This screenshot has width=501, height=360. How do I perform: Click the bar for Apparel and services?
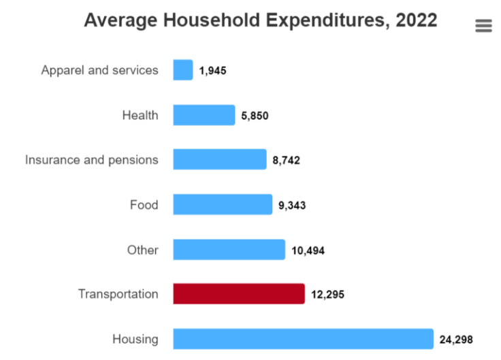point(183,70)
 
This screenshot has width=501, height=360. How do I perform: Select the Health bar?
point(204,115)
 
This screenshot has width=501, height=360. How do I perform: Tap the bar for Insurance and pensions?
point(220,160)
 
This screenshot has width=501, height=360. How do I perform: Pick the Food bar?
point(223,205)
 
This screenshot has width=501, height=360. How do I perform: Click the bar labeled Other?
point(229,250)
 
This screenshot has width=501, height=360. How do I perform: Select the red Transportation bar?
point(239,294)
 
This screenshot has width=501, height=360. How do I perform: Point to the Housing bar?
point(303,339)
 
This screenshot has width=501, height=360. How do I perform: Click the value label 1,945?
point(212,70)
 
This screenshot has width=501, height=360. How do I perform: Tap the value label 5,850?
point(255,116)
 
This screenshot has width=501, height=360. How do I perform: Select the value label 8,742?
point(286,161)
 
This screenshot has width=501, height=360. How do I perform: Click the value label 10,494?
point(308,250)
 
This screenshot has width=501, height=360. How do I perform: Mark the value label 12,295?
point(328,295)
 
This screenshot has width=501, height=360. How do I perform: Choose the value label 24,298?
point(456,340)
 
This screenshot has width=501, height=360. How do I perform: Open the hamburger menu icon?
point(483,26)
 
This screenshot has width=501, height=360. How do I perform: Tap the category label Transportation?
point(118,294)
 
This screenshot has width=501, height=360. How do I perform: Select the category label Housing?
point(136,339)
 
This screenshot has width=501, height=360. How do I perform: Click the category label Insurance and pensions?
point(92,160)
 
